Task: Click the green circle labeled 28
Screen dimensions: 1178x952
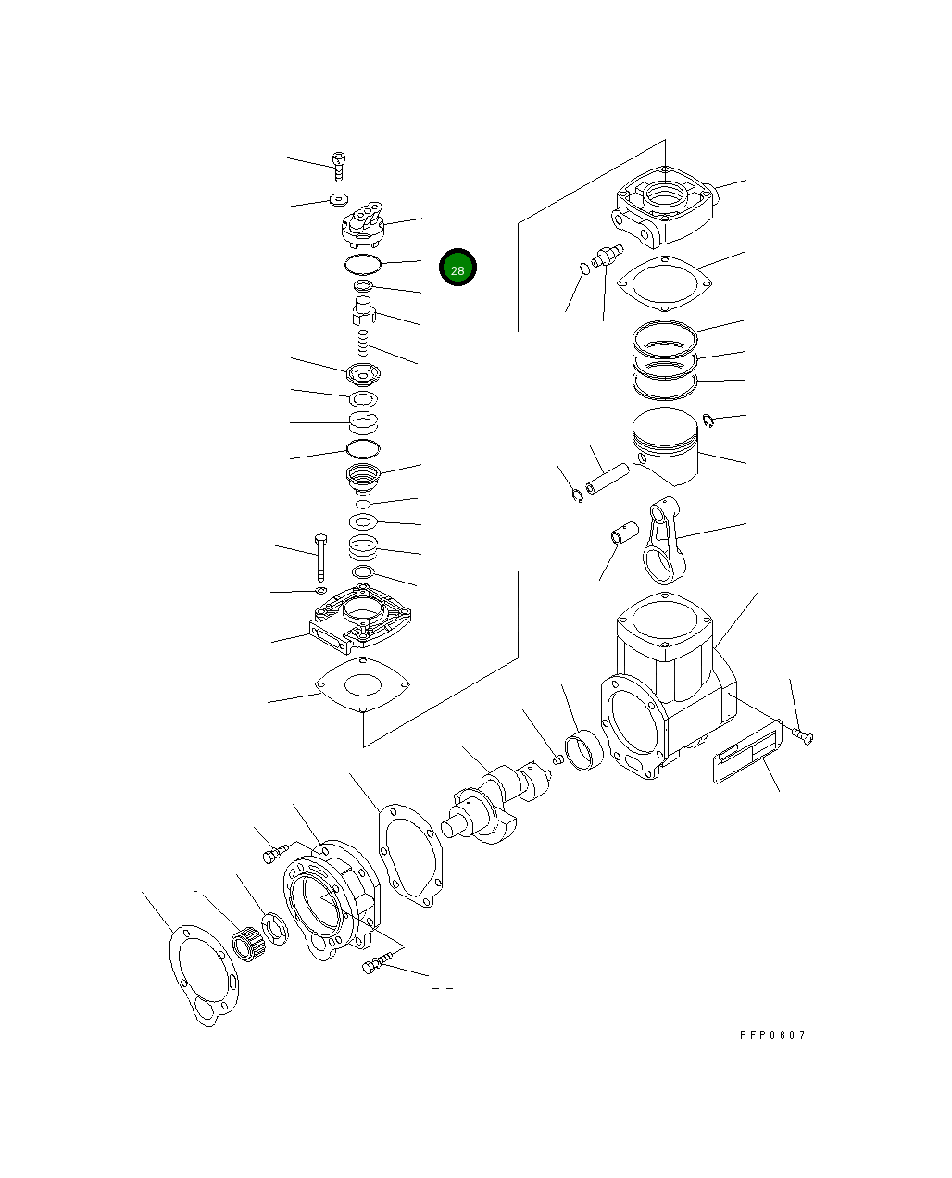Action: tap(457, 268)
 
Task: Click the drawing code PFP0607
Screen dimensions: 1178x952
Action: tap(772, 1034)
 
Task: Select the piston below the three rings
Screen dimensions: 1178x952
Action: tap(665, 446)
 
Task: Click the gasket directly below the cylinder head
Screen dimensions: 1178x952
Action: tap(665, 282)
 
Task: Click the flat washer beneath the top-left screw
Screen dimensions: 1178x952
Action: tap(338, 199)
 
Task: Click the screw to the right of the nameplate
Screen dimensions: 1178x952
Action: tap(803, 736)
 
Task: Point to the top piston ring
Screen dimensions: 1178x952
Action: tap(664, 336)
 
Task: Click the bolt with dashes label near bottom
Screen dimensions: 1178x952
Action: tap(374, 967)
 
